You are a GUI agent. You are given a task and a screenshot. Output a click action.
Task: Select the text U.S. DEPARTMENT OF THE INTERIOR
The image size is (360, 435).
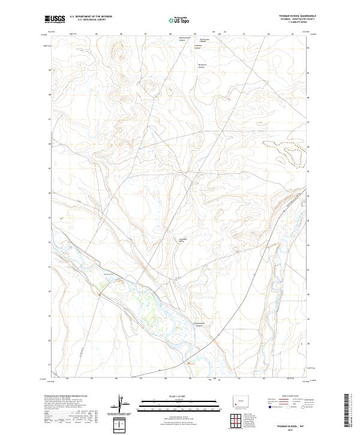pyautogui.click(x=91, y=17)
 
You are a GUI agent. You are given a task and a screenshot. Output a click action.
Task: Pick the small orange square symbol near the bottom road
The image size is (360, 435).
pyautogui.click(x=188, y=362)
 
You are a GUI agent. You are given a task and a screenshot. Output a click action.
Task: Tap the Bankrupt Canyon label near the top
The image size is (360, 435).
pyautogui.click(x=203, y=66)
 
